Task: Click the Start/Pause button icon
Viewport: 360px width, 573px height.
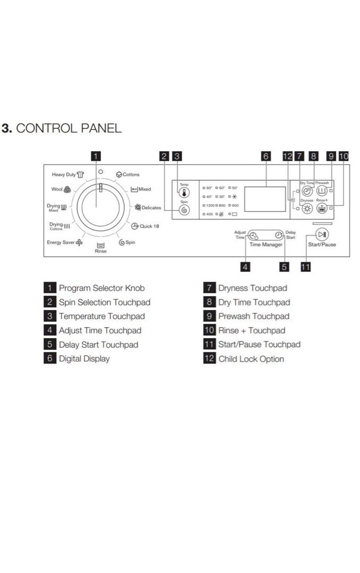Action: (x=321, y=235)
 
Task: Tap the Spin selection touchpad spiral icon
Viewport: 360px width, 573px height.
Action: (x=184, y=210)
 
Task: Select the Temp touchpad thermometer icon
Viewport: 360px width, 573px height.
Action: (x=184, y=193)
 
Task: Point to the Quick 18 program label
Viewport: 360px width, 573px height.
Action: (x=148, y=226)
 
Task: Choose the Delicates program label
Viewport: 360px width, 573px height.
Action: (x=151, y=207)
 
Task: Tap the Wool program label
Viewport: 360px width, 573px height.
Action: (x=57, y=189)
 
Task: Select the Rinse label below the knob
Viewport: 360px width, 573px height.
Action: (x=100, y=251)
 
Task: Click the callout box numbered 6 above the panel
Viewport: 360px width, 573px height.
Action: (x=265, y=156)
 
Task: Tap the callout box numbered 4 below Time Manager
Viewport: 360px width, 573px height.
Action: (x=245, y=267)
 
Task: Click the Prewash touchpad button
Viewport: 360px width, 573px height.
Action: (x=322, y=192)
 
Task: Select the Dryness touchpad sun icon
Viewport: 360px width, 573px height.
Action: (x=306, y=209)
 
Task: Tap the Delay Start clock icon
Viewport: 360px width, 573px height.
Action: (x=278, y=236)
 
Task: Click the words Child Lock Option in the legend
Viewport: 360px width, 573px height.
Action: (x=251, y=359)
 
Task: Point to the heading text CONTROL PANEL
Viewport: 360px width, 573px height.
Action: (x=69, y=128)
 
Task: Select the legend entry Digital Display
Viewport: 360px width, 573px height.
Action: (x=84, y=359)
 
